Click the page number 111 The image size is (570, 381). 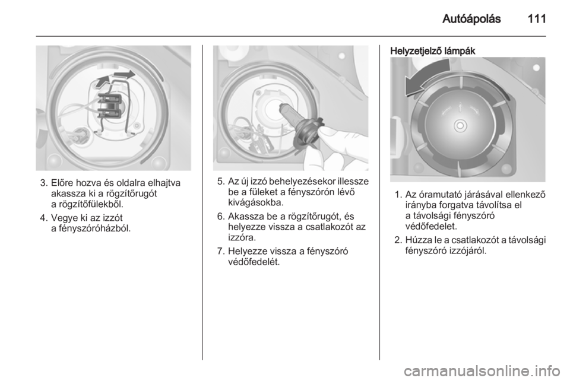point(536,18)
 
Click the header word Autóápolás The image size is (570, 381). point(471,18)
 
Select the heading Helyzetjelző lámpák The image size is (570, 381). point(433,51)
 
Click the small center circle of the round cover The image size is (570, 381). point(460,126)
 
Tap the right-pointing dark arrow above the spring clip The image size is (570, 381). point(123,75)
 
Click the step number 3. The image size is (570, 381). point(43,183)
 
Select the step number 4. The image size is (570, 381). point(43,218)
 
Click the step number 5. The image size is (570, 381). point(220,181)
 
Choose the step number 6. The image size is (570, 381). point(220,217)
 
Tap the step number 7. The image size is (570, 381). point(220,252)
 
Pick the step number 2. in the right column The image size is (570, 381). point(398,240)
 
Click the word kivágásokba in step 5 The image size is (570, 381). point(255,202)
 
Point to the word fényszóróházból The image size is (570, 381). point(90,228)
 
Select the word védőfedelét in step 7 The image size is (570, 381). point(254,262)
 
